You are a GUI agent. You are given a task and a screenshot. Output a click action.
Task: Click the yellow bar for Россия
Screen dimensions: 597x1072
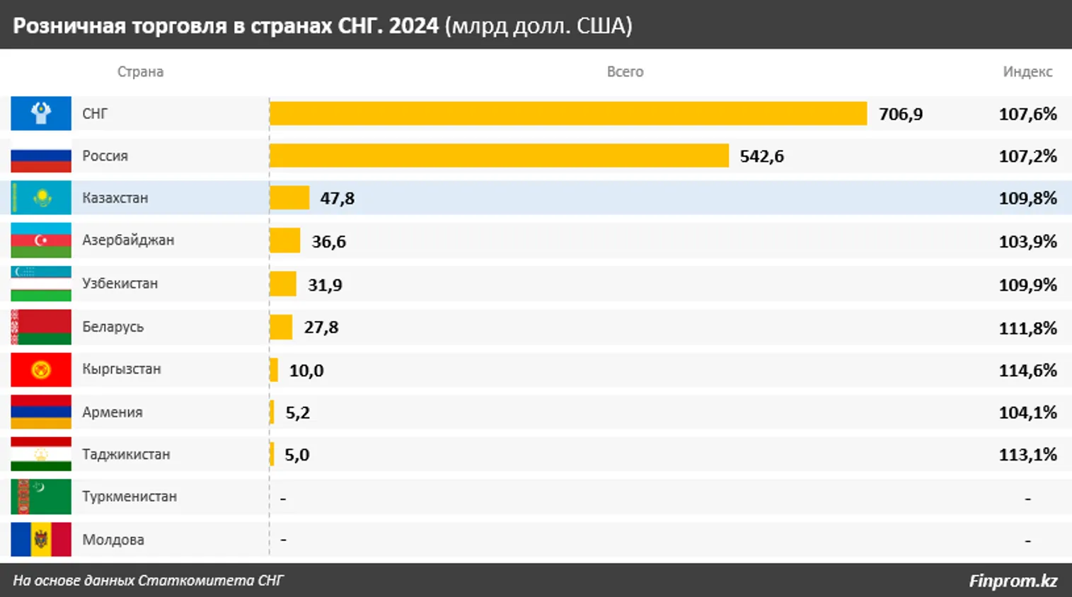(499, 156)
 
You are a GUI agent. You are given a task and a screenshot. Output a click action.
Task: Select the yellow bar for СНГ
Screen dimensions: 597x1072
(567, 113)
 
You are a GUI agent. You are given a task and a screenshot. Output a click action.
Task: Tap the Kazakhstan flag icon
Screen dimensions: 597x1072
(41, 198)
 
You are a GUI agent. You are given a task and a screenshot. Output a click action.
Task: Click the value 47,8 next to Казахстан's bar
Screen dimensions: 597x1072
(338, 198)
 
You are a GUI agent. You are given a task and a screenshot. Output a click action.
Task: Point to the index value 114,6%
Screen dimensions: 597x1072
(1027, 370)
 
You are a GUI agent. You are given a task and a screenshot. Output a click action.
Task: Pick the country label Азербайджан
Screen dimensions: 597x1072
(128, 240)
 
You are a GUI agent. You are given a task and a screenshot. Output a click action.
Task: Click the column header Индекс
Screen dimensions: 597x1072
(1027, 71)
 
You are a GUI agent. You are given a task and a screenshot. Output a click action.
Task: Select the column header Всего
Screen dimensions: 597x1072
(625, 71)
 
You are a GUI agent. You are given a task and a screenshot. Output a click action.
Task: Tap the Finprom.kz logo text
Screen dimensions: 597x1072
(1013, 581)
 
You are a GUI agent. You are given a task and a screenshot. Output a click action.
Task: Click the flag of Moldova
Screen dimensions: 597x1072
(41, 540)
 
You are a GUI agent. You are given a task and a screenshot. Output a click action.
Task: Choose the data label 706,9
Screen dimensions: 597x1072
(901, 114)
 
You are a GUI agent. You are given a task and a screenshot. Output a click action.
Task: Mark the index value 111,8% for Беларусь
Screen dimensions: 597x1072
(1027, 328)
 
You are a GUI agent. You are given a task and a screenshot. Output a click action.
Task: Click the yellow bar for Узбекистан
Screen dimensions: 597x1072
(283, 284)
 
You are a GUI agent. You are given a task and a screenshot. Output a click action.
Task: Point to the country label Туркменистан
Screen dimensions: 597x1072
(129, 497)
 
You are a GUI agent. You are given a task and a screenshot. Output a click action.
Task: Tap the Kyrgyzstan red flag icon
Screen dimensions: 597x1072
(41, 370)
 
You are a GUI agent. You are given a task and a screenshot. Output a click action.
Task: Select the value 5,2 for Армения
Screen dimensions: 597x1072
(298, 412)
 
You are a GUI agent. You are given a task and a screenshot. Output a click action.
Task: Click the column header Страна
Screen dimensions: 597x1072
(140, 71)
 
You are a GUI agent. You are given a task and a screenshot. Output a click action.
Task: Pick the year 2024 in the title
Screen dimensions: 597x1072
(414, 25)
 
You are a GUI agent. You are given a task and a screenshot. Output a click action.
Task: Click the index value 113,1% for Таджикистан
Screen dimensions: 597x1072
(1027, 454)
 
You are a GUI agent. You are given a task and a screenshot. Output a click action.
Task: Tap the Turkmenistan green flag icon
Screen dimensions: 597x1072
(41, 497)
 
